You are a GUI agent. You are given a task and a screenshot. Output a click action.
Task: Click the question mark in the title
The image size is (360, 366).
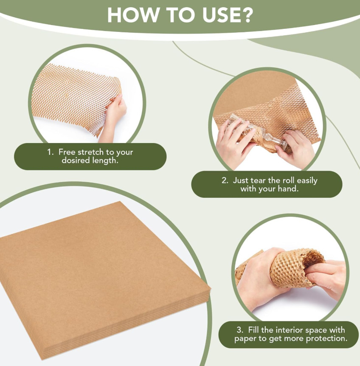click(x=246, y=15)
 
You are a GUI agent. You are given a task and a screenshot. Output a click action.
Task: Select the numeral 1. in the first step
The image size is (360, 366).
click(x=50, y=152)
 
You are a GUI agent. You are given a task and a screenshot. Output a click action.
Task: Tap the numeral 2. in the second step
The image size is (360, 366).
click(x=225, y=180)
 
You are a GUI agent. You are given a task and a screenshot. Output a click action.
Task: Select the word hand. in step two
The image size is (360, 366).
click(x=288, y=189)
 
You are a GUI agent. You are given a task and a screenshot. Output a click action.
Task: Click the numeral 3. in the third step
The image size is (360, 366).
click(x=240, y=330)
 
